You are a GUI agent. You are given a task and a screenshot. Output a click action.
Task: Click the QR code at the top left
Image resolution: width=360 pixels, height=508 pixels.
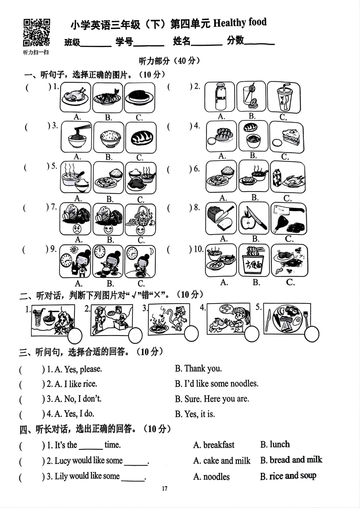[36, 32]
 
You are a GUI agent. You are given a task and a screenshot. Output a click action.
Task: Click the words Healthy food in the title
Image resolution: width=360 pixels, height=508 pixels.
[240, 23]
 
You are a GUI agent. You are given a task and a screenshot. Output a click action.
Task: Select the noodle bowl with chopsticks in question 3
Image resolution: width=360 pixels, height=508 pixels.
[76, 137]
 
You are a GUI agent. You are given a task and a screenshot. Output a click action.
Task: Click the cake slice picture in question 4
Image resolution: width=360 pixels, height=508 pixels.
[286, 137]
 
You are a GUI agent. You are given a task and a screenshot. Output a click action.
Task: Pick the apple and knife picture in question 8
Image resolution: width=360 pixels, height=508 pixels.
[253, 218]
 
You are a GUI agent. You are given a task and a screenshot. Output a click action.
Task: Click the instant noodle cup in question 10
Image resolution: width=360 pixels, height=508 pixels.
[254, 261]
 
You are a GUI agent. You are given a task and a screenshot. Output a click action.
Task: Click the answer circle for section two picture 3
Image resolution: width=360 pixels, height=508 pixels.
[191, 333]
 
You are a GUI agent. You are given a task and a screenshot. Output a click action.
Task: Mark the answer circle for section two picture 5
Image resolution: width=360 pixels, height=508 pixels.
[312, 334]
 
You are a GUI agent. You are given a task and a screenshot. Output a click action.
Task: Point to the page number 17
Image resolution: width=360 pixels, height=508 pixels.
[164, 489]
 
